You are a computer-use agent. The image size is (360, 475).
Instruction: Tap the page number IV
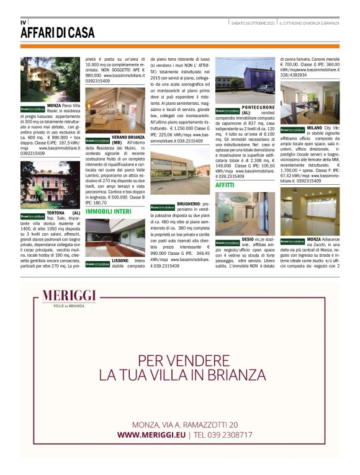23,22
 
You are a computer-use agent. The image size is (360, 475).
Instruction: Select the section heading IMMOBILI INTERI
108,211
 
